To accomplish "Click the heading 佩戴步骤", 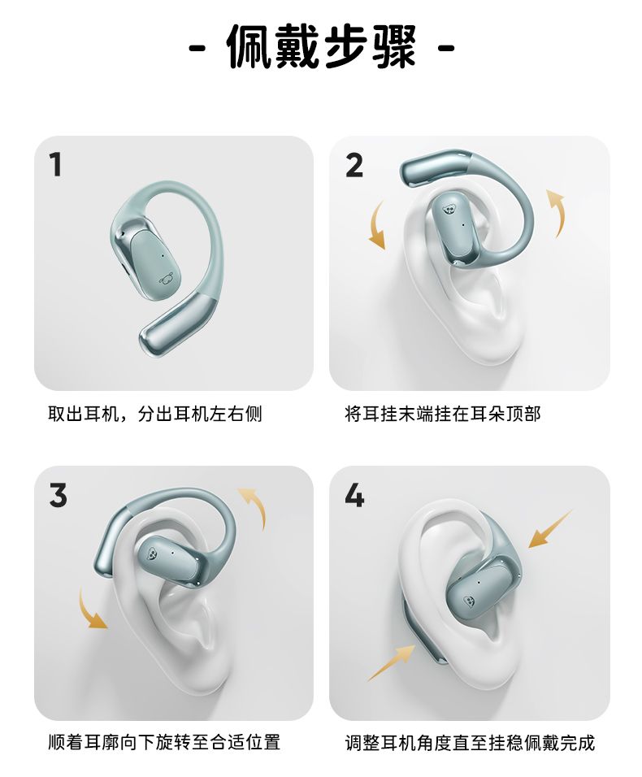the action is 322,48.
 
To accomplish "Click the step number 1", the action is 56,165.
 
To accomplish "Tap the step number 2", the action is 354,166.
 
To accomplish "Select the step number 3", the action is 58,496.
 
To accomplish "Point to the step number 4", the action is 354,496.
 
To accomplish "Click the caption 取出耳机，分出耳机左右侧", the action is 155,414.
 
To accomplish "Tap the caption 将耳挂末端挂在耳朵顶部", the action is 442,414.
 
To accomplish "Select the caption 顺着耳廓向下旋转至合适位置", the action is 164,742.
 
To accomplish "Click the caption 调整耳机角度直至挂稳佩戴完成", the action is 470,742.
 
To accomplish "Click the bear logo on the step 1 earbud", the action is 166,280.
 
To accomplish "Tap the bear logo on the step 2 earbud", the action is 449,210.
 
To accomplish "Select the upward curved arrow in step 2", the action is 557,212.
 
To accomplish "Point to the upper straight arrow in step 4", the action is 550,529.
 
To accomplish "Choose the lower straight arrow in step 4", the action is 393,663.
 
